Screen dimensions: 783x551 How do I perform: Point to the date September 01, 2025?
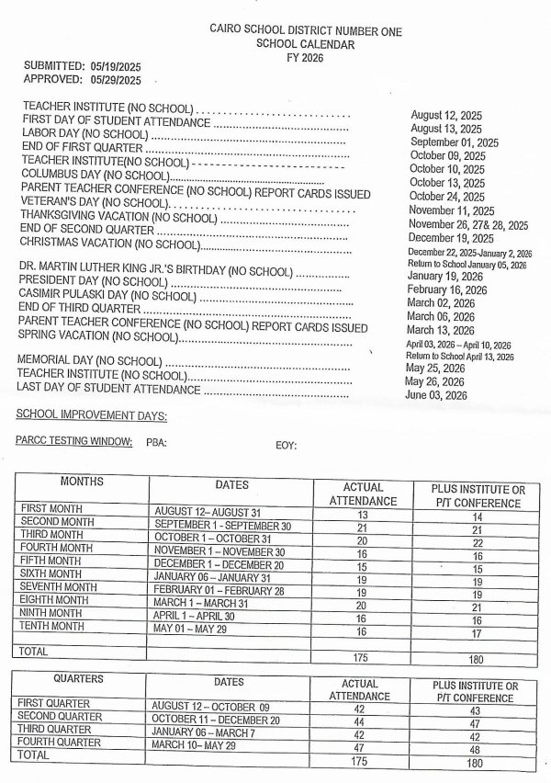coord(454,142)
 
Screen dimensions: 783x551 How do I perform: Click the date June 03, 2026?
coord(436,395)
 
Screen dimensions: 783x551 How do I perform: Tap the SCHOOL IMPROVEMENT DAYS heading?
coord(92,415)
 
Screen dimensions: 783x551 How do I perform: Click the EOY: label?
coord(286,445)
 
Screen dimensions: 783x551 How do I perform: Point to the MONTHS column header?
coord(82,482)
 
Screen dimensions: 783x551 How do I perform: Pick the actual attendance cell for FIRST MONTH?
coord(362,516)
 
